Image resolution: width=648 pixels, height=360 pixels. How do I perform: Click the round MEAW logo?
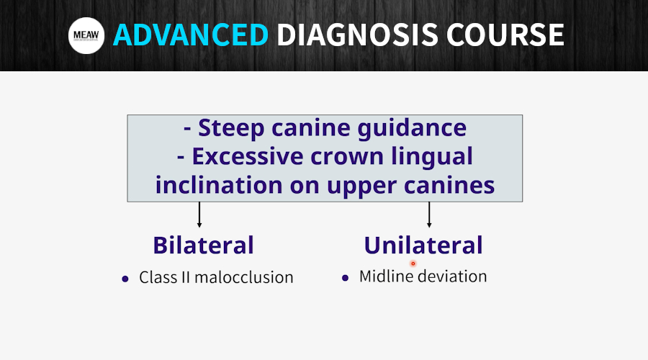click(x=86, y=35)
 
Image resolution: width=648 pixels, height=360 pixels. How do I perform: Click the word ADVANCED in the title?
click(x=191, y=35)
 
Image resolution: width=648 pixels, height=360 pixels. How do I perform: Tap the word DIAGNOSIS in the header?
click(x=357, y=35)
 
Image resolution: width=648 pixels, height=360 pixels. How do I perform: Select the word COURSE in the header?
click(x=505, y=35)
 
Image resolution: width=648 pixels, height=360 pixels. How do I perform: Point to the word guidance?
click(x=412, y=127)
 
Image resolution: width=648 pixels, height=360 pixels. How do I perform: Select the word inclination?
click(x=219, y=185)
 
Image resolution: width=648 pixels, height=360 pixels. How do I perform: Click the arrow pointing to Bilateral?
click(x=199, y=215)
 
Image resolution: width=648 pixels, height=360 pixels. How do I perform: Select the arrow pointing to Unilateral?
click(x=429, y=215)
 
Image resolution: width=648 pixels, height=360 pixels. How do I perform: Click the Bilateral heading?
click(x=203, y=245)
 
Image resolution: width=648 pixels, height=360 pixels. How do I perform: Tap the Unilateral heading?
click(x=423, y=245)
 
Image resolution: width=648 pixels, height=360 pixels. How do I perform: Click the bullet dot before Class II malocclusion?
click(x=125, y=279)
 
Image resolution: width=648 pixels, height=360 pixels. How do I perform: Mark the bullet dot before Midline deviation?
click(x=346, y=278)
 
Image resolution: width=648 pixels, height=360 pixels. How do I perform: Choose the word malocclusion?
click(x=244, y=277)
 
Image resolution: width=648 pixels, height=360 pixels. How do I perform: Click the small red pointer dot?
click(x=413, y=264)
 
